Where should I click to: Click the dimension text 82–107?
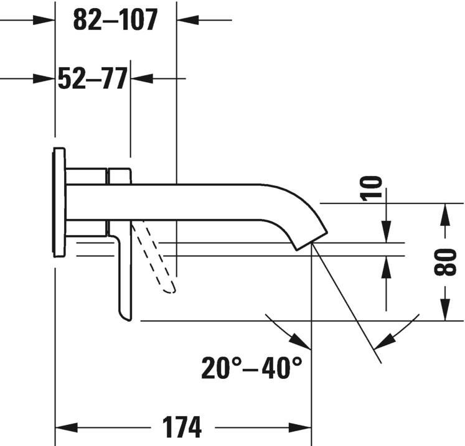point(115,20)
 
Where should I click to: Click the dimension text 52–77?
point(92,78)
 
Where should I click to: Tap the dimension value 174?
point(182,428)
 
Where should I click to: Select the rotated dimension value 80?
point(446,261)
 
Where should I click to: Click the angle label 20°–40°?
point(251,368)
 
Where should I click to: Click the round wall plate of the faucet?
point(59,202)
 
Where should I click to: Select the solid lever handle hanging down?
point(124,274)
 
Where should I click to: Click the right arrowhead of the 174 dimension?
point(299,428)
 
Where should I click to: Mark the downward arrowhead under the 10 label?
point(386,232)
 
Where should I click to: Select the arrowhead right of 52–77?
point(142,78)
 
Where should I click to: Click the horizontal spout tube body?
point(187,202)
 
